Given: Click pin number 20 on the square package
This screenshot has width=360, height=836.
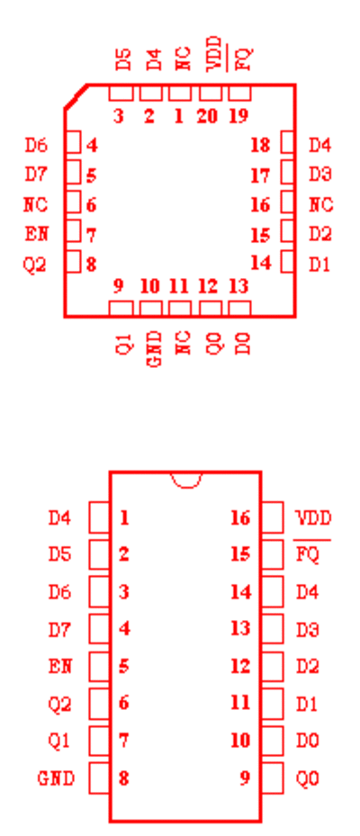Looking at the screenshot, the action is coord(207,116).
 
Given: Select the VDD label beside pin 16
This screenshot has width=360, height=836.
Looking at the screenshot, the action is coord(313,517).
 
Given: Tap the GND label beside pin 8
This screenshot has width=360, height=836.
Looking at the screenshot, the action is coord(56,778).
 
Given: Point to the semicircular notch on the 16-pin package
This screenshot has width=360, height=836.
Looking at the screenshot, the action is coord(186,480).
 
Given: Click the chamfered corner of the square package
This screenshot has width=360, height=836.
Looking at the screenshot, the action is coord(76,96).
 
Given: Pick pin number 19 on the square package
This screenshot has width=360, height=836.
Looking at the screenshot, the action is coord(238,116).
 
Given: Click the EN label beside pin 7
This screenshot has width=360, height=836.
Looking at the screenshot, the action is coord(36,234).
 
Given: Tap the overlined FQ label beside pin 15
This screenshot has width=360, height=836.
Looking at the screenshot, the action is coord(308,554).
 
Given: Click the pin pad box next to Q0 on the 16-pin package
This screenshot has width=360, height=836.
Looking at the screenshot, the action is coord(273,778).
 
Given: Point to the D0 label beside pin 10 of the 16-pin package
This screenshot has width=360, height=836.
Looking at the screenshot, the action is coord(308,741).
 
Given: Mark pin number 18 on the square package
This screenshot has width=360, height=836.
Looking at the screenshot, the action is coord(260,145).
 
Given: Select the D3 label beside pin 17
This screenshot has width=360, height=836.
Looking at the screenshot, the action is coord(320,175).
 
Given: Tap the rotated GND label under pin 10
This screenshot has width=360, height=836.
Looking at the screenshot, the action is coord(154,349).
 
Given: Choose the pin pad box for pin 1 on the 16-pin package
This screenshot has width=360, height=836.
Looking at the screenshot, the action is coord(99,517).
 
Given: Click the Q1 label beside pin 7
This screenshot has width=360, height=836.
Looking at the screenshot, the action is coord(59,742).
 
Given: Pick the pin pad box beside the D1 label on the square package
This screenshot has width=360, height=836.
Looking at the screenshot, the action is coord(287,262).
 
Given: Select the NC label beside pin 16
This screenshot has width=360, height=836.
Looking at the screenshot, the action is coord(321,204).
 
